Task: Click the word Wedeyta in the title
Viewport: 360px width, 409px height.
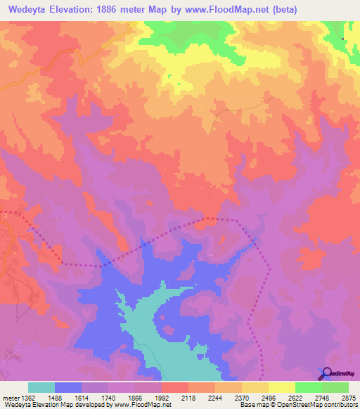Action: pyautogui.click(x=30, y=9)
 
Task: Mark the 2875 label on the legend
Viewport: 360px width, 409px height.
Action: pyautogui.click(x=349, y=397)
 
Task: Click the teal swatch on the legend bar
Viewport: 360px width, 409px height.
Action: pyautogui.click(x=41, y=387)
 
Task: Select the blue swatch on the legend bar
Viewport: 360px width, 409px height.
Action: pyautogui.click(x=68, y=387)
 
